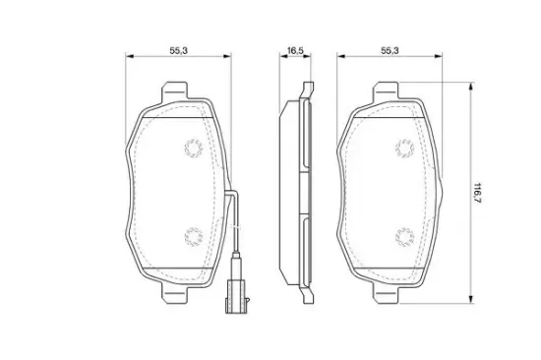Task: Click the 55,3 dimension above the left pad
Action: coord(178,50)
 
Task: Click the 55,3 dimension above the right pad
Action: coord(390,50)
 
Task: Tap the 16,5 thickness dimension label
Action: coord(295,50)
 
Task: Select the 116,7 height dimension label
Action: coord(477,193)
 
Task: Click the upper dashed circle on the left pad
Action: coord(193,149)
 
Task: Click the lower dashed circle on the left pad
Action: coord(193,237)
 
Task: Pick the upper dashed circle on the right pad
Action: coord(404,149)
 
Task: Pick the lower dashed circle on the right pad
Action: coord(404,237)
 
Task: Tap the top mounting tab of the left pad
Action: coord(175,90)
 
